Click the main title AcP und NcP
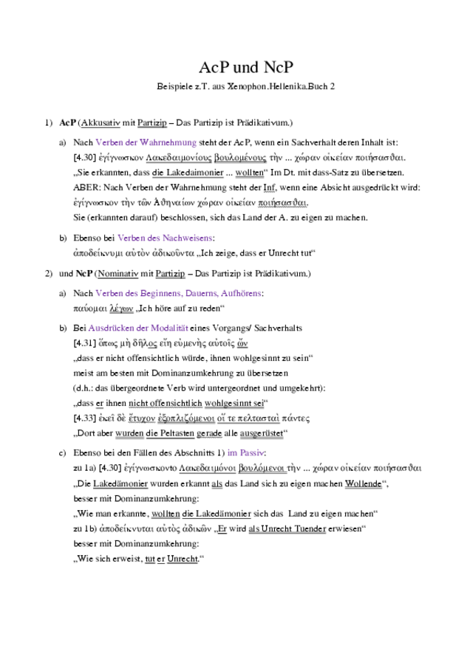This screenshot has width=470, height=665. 235,69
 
